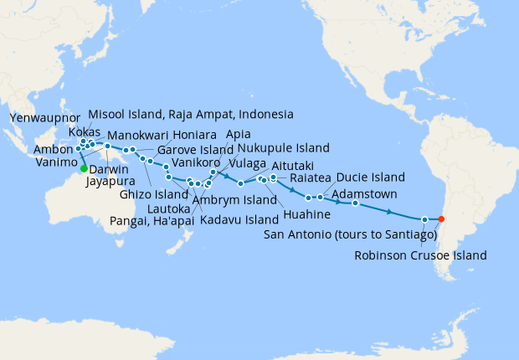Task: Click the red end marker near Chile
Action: coord(442,219)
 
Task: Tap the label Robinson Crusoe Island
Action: coord(421,256)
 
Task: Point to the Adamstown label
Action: coord(363,194)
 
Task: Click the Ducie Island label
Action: coord(371,177)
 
